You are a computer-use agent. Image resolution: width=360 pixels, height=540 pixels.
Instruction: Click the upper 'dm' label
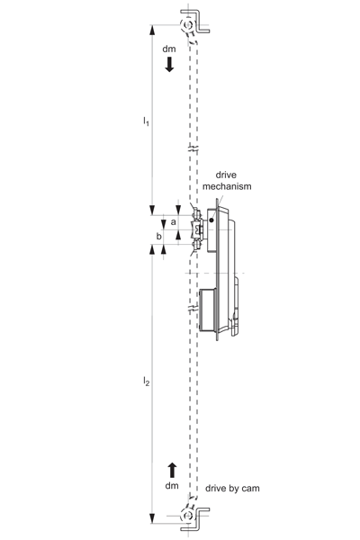point(169,49)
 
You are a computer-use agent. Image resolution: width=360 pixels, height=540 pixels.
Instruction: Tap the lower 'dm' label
point(172,486)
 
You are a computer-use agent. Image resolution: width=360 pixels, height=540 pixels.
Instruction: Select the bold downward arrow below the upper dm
point(169,65)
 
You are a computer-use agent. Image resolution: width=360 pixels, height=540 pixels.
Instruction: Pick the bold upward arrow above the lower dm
point(172,471)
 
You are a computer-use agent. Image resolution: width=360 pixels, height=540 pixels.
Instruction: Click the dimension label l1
point(146,121)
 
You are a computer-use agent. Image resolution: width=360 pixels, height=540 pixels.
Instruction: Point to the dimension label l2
point(146,382)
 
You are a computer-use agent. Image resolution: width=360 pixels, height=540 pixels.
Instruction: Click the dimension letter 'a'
point(174,221)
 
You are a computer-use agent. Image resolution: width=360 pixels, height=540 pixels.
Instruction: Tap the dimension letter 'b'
point(158,236)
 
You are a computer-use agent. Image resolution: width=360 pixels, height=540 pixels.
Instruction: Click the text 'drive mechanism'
point(227,181)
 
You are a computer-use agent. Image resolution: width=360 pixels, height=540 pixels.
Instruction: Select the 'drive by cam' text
point(232,489)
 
